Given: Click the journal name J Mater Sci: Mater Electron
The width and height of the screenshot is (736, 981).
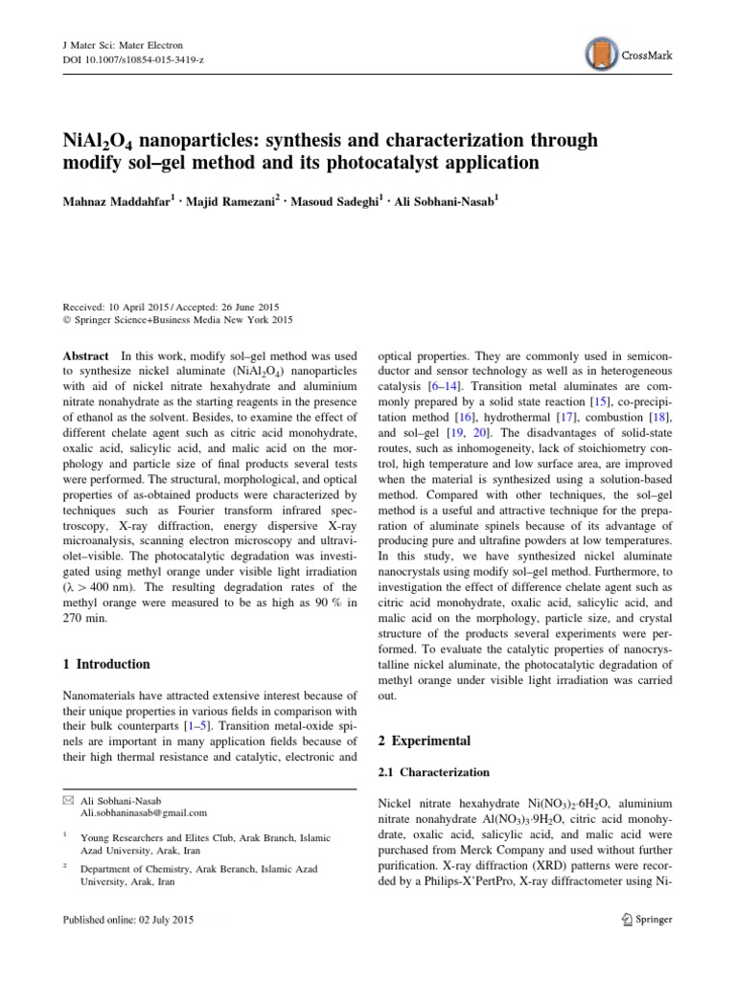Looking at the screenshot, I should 117,45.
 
